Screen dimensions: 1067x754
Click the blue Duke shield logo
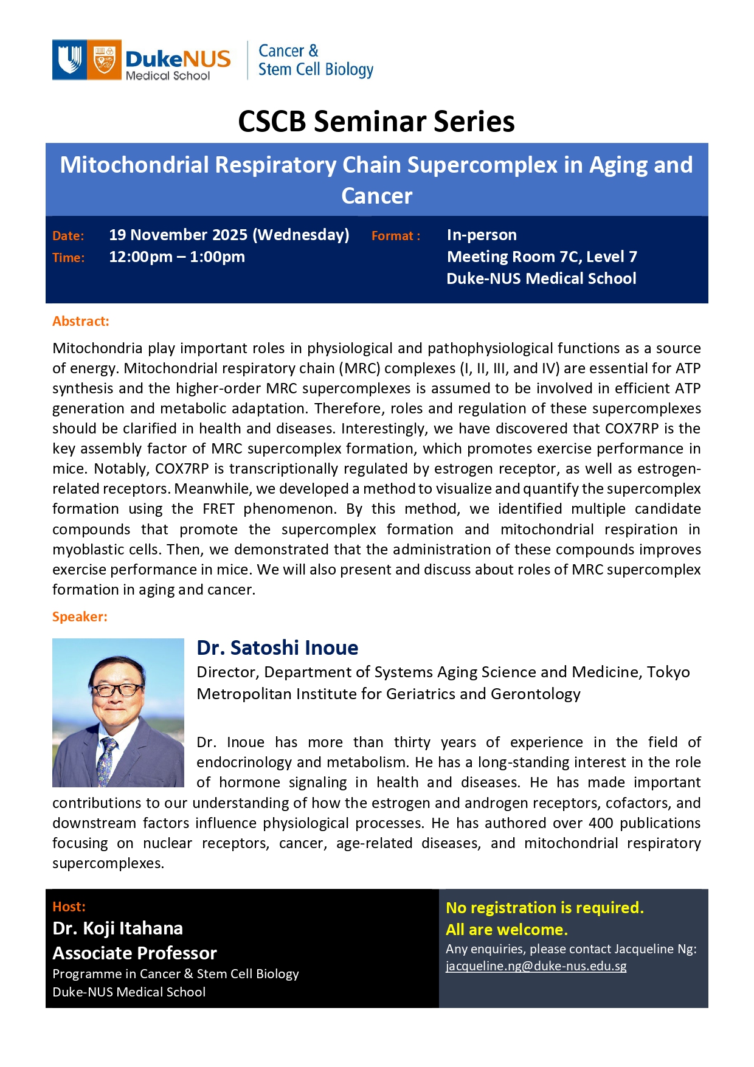click(69, 60)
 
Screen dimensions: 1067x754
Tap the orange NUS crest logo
click(104, 60)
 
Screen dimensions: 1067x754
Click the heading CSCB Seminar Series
click(376, 122)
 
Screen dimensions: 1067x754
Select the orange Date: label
click(68, 236)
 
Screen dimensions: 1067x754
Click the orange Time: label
click(68, 258)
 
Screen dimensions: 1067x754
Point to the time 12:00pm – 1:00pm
click(177, 257)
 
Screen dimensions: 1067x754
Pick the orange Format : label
click(396, 236)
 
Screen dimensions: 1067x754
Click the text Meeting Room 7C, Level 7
click(542, 257)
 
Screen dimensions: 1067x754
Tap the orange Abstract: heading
click(81, 321)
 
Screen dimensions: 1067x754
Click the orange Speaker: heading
click(80, 616)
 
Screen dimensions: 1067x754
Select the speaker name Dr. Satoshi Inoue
click(277, 648)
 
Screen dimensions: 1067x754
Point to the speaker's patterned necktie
click(108, 760)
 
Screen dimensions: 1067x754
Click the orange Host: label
click(69, 906)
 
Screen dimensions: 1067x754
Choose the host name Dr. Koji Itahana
click(117, 928)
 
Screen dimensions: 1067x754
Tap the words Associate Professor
click(134, 953)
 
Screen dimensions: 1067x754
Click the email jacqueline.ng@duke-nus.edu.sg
click(536, 965)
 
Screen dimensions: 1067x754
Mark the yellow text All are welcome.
click(507, 930)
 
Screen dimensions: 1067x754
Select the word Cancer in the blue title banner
click(376, 196)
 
